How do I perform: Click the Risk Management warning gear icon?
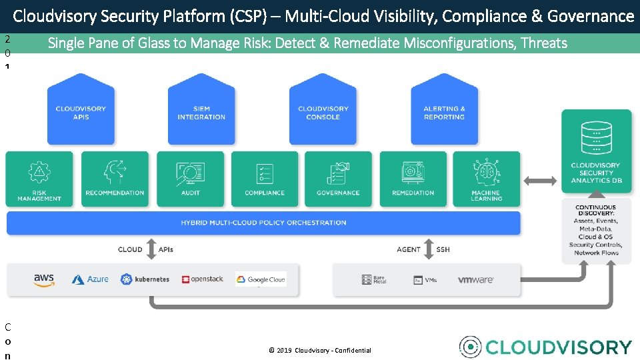click(x=39, y=173)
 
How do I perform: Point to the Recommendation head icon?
click(x=115, y=173)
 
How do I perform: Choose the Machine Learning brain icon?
click(x=486, y=172)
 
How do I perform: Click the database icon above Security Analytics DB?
click(x=595, y=137)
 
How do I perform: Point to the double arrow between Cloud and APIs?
click(x=150, y=249)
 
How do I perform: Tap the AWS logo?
click(x=44, y=280)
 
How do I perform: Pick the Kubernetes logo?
click(x=145, y=279)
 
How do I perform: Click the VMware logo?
click(x=475, y=280)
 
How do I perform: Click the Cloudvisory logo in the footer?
click(x=545, y=347)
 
